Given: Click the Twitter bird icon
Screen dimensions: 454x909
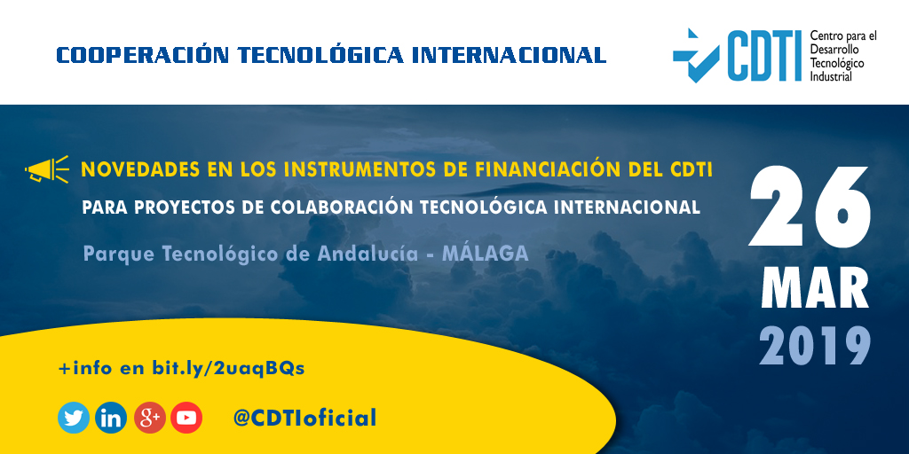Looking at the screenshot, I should pyautogui.click(x=74, y=418).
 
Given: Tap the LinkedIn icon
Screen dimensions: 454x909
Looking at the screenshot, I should pyautogui.click(x=112, y=418).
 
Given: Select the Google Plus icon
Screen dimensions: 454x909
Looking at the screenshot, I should pyautogui.click(x=150, y=418).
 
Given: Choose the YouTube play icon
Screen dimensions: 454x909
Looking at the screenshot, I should pyautogui.click(x=187, y=418).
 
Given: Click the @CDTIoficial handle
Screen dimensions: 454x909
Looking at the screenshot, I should pyautogui.click(x=304, y=418).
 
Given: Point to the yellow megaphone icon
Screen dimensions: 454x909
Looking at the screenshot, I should pyautogui.click(x=47, y=168).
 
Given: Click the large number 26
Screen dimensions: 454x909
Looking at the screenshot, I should pyautogui.click(x=810, y=207).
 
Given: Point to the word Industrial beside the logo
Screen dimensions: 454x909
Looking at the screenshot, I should pyautogui.click(x=831, y=76).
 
